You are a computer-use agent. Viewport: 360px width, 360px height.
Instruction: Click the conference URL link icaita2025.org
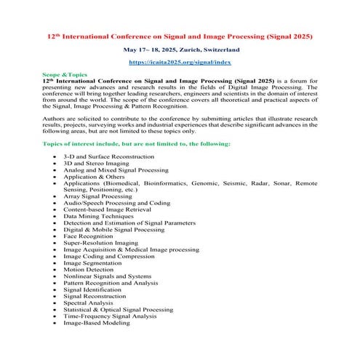coord(180,63)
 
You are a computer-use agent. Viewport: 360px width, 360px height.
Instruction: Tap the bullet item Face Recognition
coord(89,236)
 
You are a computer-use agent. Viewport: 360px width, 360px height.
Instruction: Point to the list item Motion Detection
coord(89,270)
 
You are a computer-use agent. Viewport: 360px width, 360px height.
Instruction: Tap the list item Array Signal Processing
coord(97,196)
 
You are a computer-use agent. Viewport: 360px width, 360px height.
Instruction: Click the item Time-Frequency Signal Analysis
coord(109,316)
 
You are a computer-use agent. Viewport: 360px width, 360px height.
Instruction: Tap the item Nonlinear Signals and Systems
coord(107,276)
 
